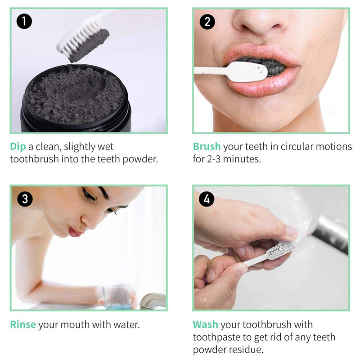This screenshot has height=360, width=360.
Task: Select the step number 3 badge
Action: point(24,199)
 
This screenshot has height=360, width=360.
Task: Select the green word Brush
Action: point(207,147)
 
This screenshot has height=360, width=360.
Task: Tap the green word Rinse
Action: point(23,324)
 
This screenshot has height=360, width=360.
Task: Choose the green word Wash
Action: point(206,324)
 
